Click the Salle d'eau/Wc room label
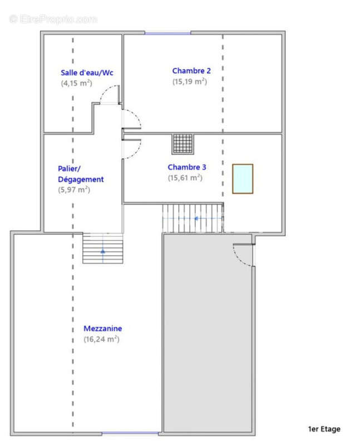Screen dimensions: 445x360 (87, 73)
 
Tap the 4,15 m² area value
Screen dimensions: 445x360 (76, 83)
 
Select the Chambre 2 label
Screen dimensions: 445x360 (191, 71)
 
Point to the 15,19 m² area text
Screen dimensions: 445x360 (190, 81)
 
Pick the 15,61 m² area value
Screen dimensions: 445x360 (185, 178)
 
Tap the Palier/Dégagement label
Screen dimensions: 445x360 (81, 174)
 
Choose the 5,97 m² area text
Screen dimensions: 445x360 (74, 190)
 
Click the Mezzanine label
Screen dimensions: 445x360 (103, 328)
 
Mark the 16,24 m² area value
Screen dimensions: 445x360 (101, 339)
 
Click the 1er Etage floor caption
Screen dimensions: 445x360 (324, 429)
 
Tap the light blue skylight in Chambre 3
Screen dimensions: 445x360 (243, 179)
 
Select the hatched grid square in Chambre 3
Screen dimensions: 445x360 (183, 144)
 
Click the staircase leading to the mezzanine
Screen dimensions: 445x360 (102, 248)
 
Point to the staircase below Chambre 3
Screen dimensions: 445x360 (193, 217)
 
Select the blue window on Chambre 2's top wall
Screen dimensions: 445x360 (167, 33)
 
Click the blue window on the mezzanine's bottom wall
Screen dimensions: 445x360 (122, 433)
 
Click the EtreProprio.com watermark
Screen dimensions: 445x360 (53, 19)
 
